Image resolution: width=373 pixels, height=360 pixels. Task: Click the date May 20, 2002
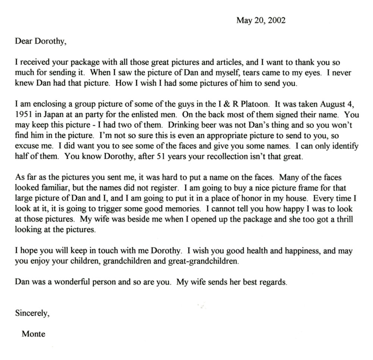[261, 20]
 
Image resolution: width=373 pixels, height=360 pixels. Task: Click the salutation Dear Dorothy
[41, 41]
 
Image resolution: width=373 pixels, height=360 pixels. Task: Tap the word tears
[225, 73]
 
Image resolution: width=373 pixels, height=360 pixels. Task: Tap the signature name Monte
[33, 334]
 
